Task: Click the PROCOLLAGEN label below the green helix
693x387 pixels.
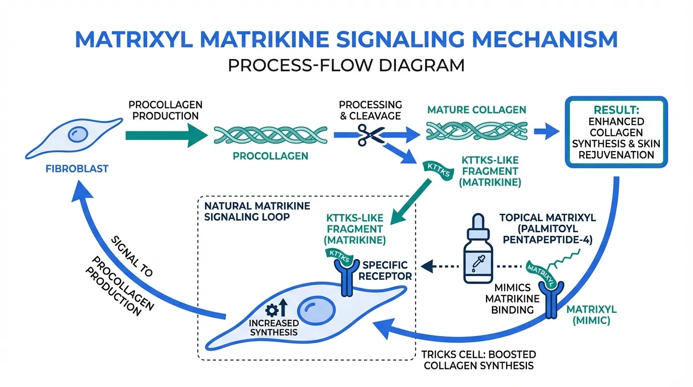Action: pos(270,156)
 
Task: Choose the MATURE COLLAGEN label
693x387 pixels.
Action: pos(476,110)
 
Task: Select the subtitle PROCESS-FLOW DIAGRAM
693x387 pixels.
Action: pos(346,65)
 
